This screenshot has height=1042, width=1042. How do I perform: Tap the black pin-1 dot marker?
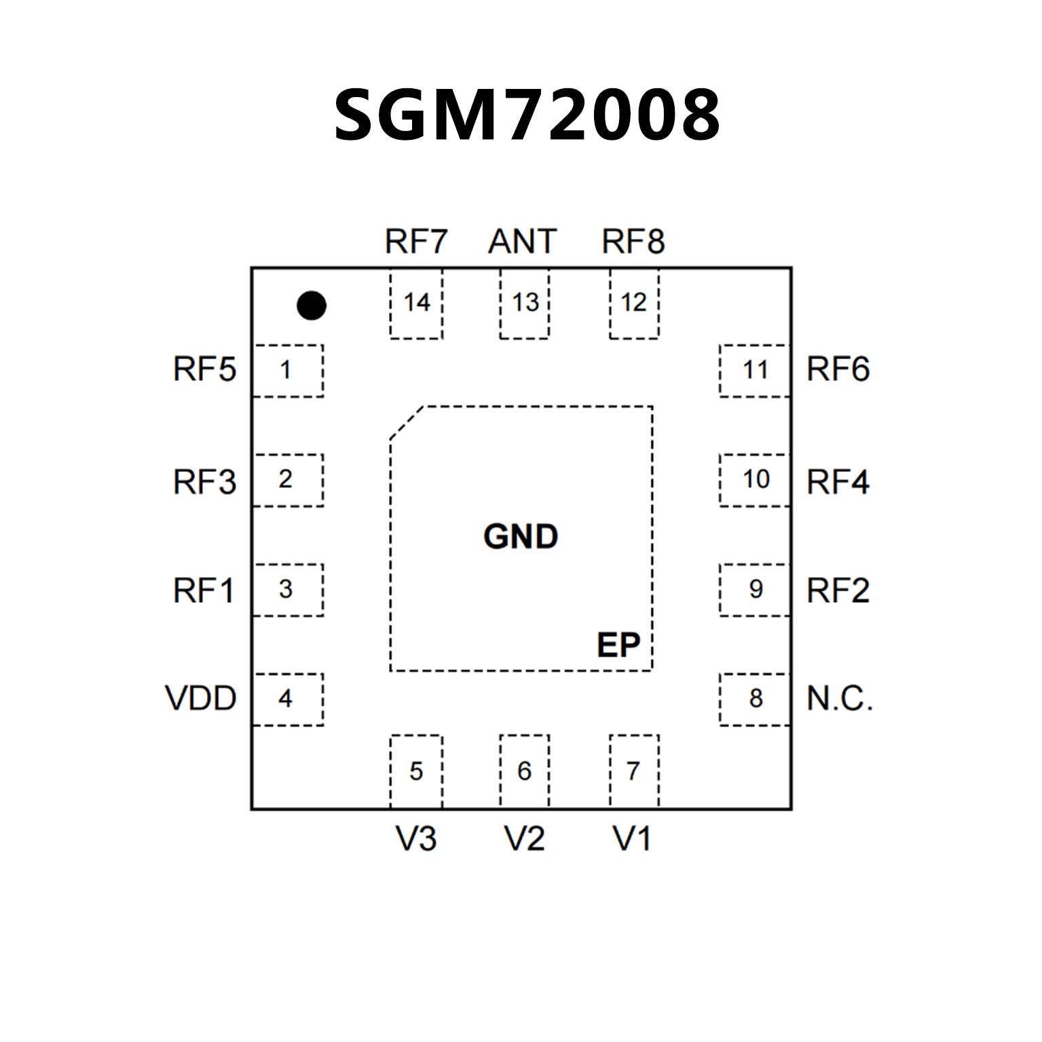click(x=312, y=305)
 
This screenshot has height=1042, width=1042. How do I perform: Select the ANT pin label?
click(x=523, y=241)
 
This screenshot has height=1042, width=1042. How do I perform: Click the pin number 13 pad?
click(x=525, y=303)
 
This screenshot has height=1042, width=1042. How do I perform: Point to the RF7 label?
click(x=416, y=241)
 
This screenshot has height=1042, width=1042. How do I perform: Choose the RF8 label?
click(x=633, y=241)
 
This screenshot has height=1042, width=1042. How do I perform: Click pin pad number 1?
click(x=287, y=370)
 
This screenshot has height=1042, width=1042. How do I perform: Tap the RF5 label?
click(x=204, y=369)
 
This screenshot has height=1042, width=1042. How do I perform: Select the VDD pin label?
click(x=200, y=698)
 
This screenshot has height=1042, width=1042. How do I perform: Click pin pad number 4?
click(x=287, y=699)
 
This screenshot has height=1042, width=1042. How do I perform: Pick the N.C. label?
click(x=840, y=698)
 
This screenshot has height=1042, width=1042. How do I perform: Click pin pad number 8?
click(x=755, y=699)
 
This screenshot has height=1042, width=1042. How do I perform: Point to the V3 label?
click(x=416, y=839)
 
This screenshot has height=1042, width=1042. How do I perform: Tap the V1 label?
click(x=632, y=839)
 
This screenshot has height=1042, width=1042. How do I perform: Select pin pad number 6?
click(x=524, y=771)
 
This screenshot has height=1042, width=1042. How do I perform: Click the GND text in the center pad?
click(x=521, y=537)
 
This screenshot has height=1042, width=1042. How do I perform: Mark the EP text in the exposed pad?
click(x=618, y=645)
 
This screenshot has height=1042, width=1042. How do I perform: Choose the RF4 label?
click(x=838, y=482)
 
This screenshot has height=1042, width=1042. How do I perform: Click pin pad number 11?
click(x=755, y=370)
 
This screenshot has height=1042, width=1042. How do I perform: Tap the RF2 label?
click(x=838, y=591)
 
